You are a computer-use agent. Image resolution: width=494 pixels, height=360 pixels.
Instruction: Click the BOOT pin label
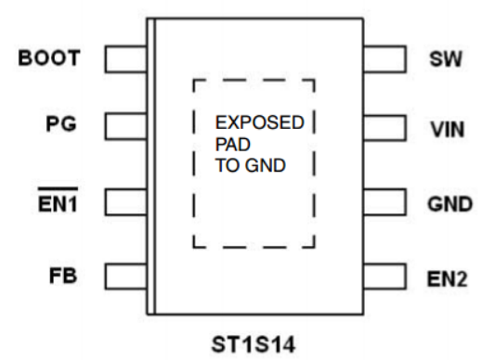[x=48, y=59]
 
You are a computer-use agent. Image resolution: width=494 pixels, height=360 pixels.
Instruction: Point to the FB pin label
[x=63, y=276]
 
